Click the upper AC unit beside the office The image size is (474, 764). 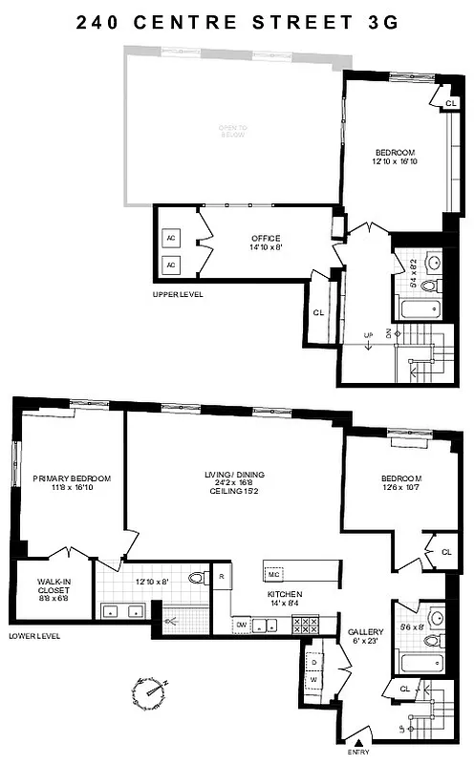tap(172, 238)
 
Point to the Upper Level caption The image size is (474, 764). tap(179, 294)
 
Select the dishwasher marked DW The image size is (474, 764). tap(242, 625)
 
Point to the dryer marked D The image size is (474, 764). tap(313, 661)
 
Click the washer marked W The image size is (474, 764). tap(313, 679)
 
